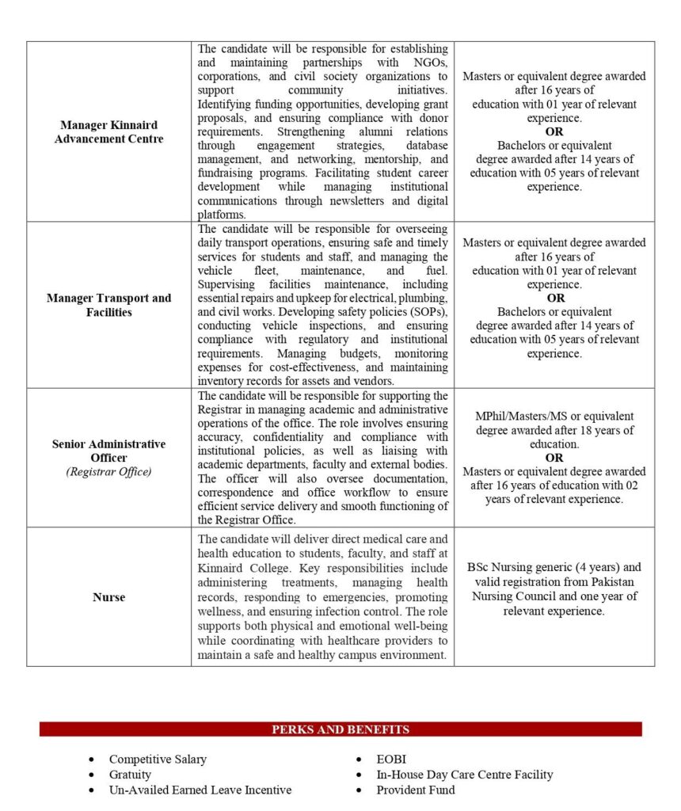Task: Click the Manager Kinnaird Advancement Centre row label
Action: (x=108, y=131)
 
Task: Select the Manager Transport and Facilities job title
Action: (x=108, y=305)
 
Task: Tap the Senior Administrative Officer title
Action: (x=108, y=451)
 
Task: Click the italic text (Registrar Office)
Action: (x=108, y=472)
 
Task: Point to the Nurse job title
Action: (x=108, y=597)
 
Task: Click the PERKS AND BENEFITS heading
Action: (x=340, y=729)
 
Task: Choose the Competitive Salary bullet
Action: (x=158, y=759)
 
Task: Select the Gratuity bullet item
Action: (x=130, y=774)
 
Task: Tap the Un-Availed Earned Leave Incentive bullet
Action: (x=200, y=790)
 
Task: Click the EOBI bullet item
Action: (x=391, y=759)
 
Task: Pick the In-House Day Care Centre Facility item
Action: (x=464, y=774)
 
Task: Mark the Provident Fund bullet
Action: (x=416, y=790)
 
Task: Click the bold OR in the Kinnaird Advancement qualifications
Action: (x=554, y=131)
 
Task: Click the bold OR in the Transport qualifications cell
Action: (x=554, y=298)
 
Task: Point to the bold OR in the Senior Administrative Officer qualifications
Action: (x=554, y=458)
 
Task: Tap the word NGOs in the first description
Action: (x=428, y=63)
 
